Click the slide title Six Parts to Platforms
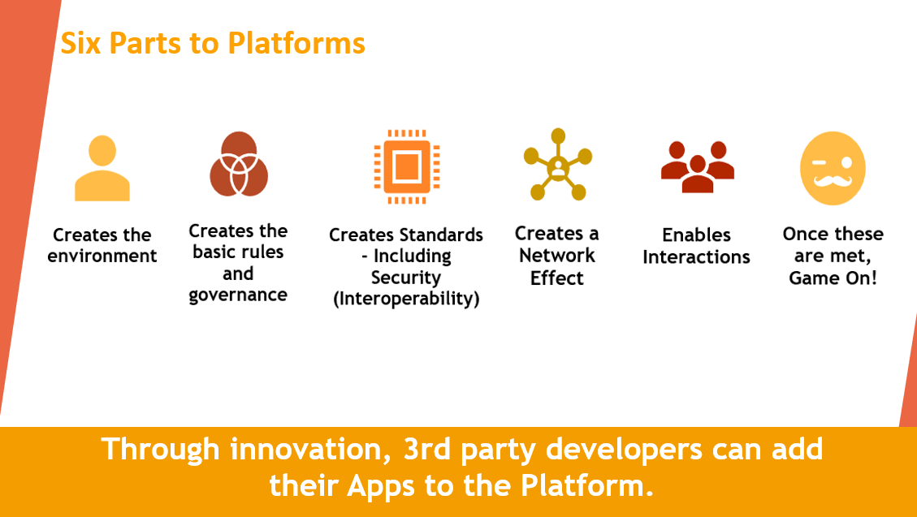[x=213, y=43]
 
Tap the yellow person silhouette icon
[x=102, y=168]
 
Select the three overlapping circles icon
[x=239, y=164]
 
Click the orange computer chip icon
[x=406, y=166]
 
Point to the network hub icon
[x=558, y=164]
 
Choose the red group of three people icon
[x=697, y=166]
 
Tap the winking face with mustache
[x=833, y=168]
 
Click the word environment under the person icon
[x=102, y=256]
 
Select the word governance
[x=238, y=295]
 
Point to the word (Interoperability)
[x=406, y=299]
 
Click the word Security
[x=406, y=278]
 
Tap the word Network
[x=557, y=256]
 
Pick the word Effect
[x=556, y=278]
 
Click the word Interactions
[x=697, y=257]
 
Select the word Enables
[x=697, y=235]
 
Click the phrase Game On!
[x=833, y=278]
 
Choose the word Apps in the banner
[x=382, y=486]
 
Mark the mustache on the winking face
[x=833, y=181]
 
